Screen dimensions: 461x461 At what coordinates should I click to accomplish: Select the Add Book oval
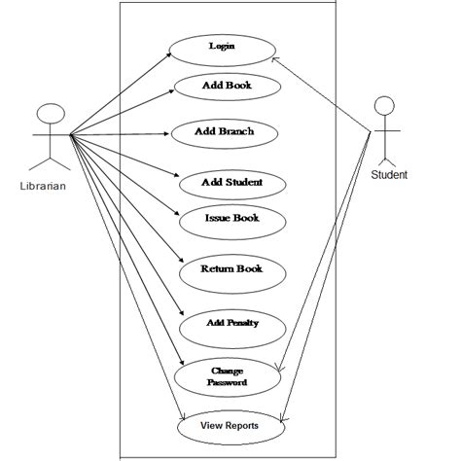click(227, 87)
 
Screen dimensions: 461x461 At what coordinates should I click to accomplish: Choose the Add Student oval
click(231, 182)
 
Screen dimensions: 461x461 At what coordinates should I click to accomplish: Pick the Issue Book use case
click(231, 219)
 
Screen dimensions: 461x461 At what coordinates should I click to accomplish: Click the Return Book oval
click(231, 269)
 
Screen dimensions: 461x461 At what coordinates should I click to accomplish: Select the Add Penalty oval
click(231, 323)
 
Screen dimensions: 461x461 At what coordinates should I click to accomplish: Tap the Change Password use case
click(227, 376)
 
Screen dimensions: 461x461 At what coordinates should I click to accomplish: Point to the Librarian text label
click(43, 187)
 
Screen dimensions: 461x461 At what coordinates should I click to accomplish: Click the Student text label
click(389, 175)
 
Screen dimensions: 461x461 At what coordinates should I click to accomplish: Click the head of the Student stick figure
click(387, 106)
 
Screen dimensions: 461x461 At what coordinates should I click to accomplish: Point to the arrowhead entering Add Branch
click(169, 132)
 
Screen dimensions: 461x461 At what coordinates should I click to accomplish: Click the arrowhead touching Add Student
click(179, 177)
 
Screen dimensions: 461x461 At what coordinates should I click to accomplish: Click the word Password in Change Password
click(227, 383)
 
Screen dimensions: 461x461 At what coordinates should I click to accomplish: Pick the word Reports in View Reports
click(244, 426)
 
